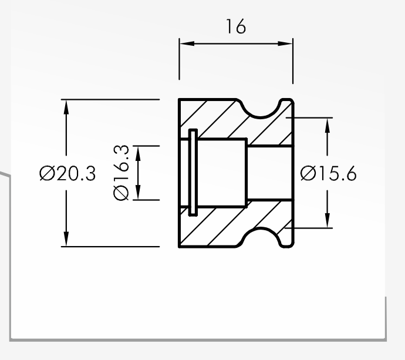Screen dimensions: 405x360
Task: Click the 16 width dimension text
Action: tap(236, 26)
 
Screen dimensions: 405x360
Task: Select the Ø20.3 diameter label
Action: tap(67, 173)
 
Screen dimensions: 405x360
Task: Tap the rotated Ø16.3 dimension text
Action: tap(121, 173)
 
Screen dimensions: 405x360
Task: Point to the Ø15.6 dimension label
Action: tap(329, 173)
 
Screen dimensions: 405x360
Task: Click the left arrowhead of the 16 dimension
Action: tap(187, 43)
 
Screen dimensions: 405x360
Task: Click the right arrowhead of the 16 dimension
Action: tap(285, 43)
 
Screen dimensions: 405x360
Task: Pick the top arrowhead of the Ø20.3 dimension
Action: tap(66, 107)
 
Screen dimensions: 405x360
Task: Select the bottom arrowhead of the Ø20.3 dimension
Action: tap(66, 239)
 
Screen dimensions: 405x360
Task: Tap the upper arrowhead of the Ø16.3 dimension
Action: tap(138, 153)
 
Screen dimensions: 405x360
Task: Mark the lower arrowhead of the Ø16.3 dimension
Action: tap(138, 193)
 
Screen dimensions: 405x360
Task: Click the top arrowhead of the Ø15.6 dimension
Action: tap(328, 125)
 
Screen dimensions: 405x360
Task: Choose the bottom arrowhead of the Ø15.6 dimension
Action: tap(328, 220)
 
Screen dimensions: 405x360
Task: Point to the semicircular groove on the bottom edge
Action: tap(261, 228)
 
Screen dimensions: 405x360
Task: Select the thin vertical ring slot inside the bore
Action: tap(193, 173)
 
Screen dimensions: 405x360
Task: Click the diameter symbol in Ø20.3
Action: tap(48, 173)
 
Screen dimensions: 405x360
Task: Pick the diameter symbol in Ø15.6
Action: tap(308, 173)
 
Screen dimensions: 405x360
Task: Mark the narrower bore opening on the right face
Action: tap(270, 173)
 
